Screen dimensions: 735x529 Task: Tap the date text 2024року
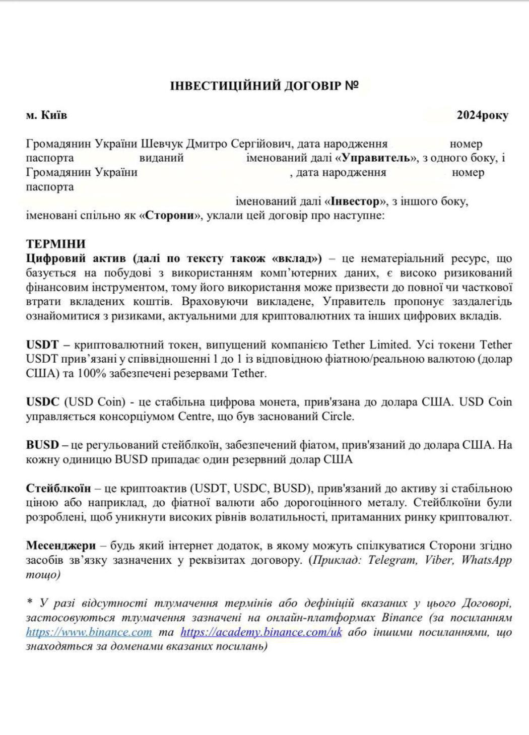coord(482,115)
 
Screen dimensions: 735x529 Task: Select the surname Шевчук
coord(162,144)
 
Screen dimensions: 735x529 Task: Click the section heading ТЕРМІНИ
coord(55,244)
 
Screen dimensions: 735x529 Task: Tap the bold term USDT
coord(42,345)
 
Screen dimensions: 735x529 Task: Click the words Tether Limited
coord(371,345)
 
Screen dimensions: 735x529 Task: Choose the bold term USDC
coord(43,403)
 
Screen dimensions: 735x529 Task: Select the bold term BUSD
coord(43,445)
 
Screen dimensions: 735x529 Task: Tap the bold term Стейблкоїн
coord(58,489)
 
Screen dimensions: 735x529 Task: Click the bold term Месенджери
coord(61,546)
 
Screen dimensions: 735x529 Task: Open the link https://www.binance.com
coord(89,632)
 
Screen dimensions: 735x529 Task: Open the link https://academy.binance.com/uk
coord(261,632)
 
